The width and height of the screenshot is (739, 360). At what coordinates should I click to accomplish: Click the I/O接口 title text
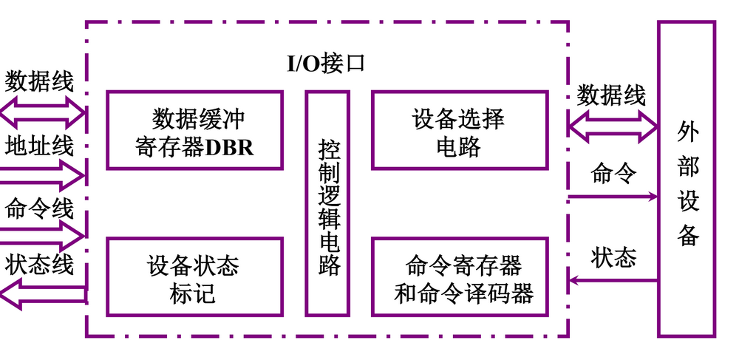click(x=326, y=63)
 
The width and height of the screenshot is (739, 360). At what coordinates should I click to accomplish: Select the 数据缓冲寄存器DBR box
click(x=194, y=131)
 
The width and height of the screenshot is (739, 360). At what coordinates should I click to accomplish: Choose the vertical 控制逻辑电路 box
click(x=327, y=203)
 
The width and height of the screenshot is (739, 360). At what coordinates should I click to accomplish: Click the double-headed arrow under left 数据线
click(x=42, y=112)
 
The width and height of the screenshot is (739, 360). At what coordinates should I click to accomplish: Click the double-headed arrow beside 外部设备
click(x=613, y=125)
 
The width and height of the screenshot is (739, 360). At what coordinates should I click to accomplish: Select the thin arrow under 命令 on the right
click(x=613, y=197)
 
